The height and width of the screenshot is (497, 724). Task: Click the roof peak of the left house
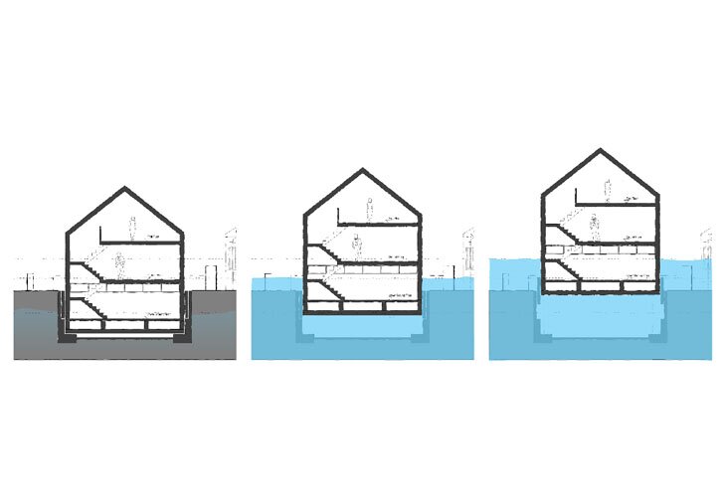click(125, 188)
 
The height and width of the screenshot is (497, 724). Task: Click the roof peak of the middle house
click(362, 171)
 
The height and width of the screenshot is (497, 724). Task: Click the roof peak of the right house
click(600, 151)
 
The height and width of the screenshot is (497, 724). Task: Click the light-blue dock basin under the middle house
click(362, 324)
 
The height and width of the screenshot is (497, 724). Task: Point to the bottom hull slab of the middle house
click(362, 309)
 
